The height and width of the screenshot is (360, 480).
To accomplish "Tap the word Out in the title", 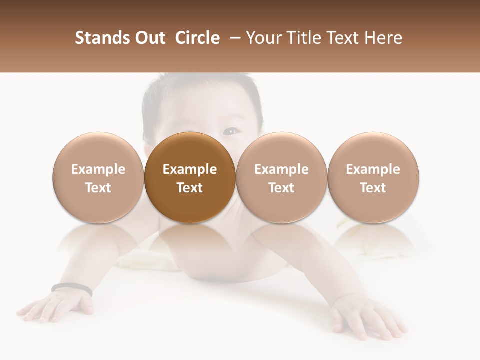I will click(x=148, y=38).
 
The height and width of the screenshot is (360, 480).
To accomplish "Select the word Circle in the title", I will click(x=197, y=38).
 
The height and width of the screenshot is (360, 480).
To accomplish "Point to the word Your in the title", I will click(x=263, y=38).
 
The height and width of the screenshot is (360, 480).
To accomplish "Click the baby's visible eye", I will click(x=230, y=132).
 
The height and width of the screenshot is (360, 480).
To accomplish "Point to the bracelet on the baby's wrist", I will click(x=72, y=287).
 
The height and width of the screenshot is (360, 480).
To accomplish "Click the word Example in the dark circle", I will click(x=190, y=169).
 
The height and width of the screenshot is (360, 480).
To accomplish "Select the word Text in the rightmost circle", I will click(x=373, y=188).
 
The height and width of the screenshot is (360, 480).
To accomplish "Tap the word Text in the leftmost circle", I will click(x=98, y=188).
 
